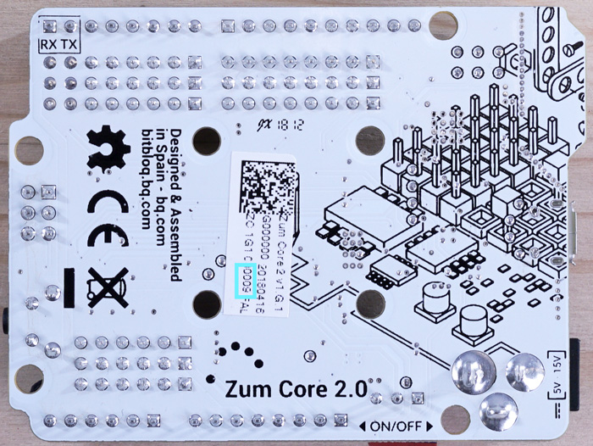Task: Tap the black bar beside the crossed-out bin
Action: click(x=71, y=286)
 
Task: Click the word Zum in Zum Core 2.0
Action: click(x=245, y=390)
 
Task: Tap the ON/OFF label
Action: click(x=396, y=426)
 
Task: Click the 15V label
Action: click(x=557, y=362)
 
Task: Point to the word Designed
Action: click(x=175, y=151)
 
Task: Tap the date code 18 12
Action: click(x=289, y=125)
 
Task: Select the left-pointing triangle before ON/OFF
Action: click(x=363, y=426)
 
